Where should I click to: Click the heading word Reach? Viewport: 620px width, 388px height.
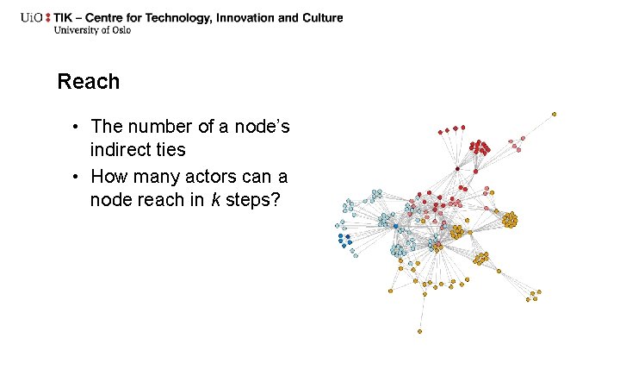(x=88, y=82)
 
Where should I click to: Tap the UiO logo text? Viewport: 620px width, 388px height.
(x=34, y=17)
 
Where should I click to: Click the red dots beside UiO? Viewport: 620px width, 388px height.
(x=48, y=17)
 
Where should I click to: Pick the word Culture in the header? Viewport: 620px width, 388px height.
(x=321, y=17)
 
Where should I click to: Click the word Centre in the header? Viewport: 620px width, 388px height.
(x=115, y=17)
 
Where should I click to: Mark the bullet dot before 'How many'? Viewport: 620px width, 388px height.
(x=77, y=177)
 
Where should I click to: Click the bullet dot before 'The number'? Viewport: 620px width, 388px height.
(x=77, y=128)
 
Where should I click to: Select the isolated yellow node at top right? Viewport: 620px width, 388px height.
(x=554, y=113)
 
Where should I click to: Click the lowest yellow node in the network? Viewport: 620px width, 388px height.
(x=419, y=331)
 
